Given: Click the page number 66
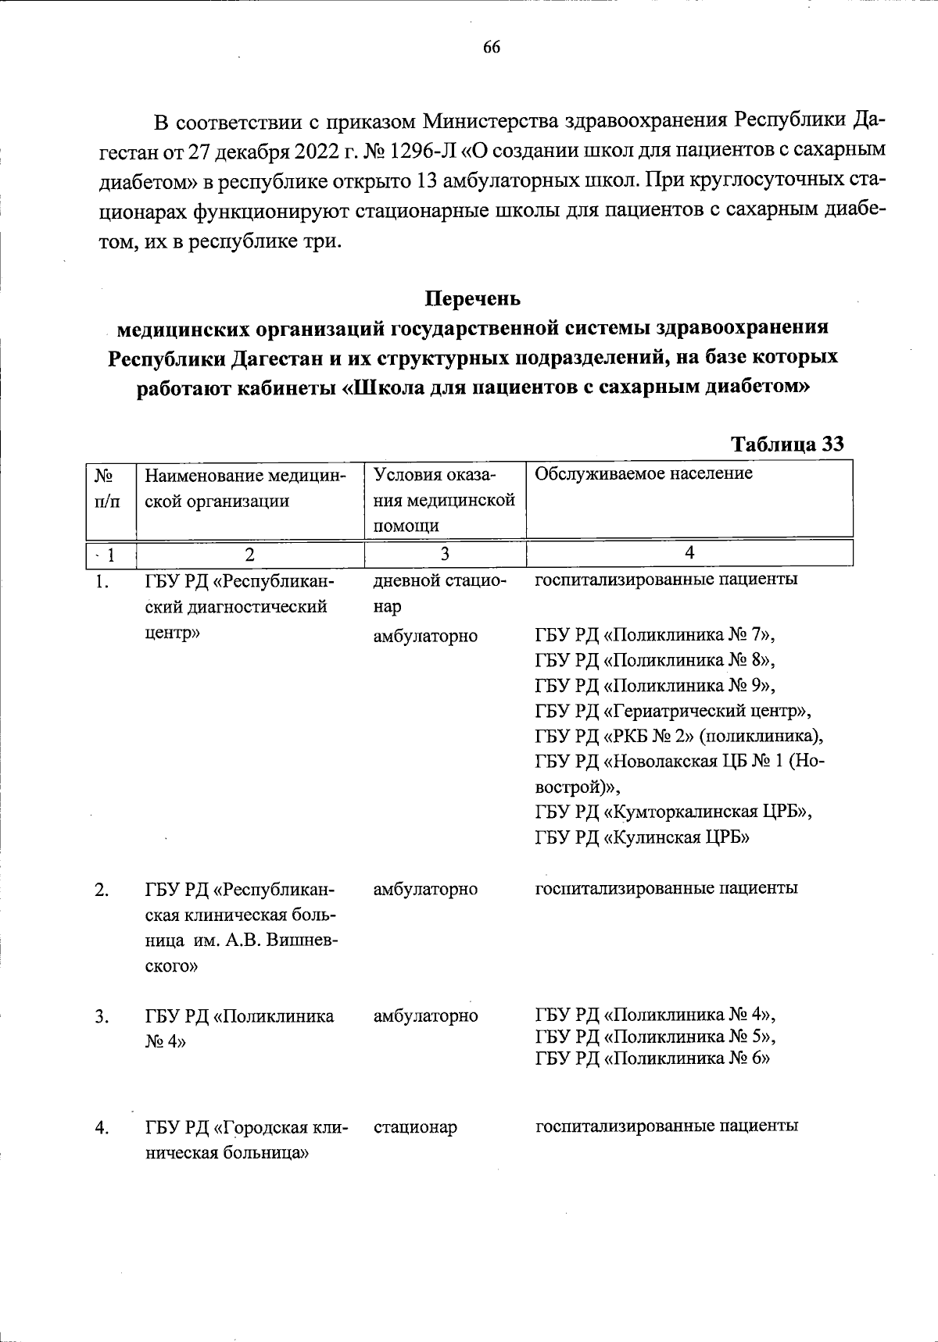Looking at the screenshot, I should [x=491, y=48].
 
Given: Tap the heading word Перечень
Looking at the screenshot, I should [x=472, y=298].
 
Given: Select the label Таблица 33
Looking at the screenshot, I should [x=786, y=444].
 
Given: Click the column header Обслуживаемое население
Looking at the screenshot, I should [x=643, y=473].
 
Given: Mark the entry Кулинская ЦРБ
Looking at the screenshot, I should [x=643, y=837].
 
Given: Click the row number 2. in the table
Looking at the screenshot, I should [x=102, y=890].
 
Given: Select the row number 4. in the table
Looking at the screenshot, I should [x=102, y=1127].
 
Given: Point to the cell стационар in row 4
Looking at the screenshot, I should [x=415, y=1127].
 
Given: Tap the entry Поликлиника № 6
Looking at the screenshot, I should [x=653, y=1058].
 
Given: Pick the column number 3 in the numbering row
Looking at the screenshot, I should [x=444, y=554].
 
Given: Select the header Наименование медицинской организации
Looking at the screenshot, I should [x=245, y=487].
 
